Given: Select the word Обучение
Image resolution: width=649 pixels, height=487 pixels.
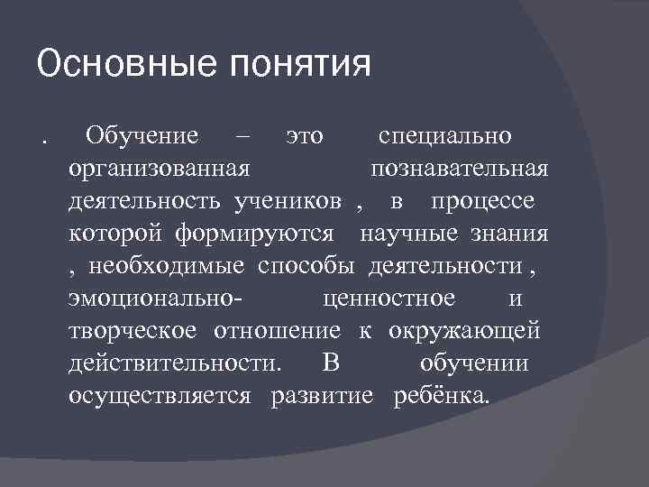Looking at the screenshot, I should (x=141, y=136).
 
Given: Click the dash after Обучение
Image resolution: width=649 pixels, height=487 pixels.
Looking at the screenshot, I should (x=242, y=136).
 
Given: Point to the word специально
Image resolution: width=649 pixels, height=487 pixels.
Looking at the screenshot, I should (x=445, y=136).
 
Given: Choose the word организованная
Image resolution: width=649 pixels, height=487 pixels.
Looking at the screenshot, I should (x=159, y=170).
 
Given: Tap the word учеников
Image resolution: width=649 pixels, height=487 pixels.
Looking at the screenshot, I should (x=288, y=201).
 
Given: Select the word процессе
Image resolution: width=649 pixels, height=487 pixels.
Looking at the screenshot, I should (x=482, y=201).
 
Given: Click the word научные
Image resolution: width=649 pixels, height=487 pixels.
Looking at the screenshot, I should (x=410, y=234).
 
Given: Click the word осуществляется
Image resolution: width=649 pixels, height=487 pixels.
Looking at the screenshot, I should (x=159, y=396).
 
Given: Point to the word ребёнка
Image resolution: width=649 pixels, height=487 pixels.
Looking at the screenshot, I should (x=443, y=396).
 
